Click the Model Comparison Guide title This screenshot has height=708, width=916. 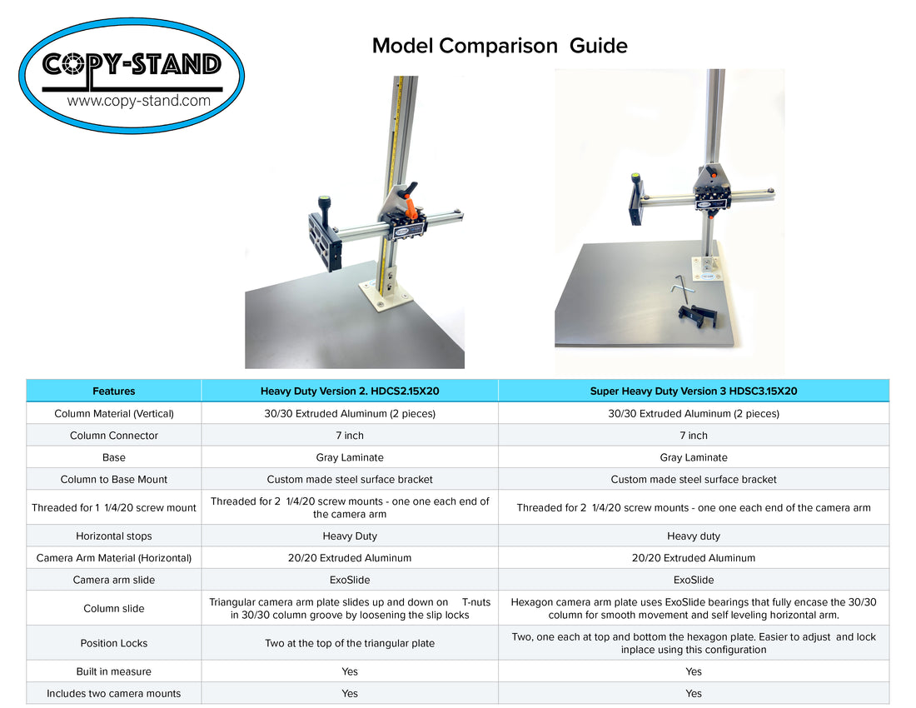500,46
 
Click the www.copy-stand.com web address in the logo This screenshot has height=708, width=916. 138,102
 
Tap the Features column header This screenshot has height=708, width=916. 114,391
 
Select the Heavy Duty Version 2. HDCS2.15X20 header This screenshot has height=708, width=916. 350,391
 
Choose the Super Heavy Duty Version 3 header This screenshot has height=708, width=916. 694,391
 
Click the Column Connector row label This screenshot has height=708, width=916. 114,436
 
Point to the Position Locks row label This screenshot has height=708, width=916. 114,643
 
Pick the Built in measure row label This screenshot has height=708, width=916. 114,671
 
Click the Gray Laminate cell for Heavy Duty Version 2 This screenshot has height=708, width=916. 350,457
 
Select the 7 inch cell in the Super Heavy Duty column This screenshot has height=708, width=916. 694,436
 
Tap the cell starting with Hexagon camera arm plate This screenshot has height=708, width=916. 694,608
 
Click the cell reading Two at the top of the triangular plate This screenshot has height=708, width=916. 350,643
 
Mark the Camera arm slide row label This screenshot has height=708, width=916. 114,580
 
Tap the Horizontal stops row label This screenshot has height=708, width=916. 114,536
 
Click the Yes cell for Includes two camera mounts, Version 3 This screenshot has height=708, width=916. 694,693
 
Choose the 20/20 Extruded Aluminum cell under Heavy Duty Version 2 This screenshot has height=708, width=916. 350,558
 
